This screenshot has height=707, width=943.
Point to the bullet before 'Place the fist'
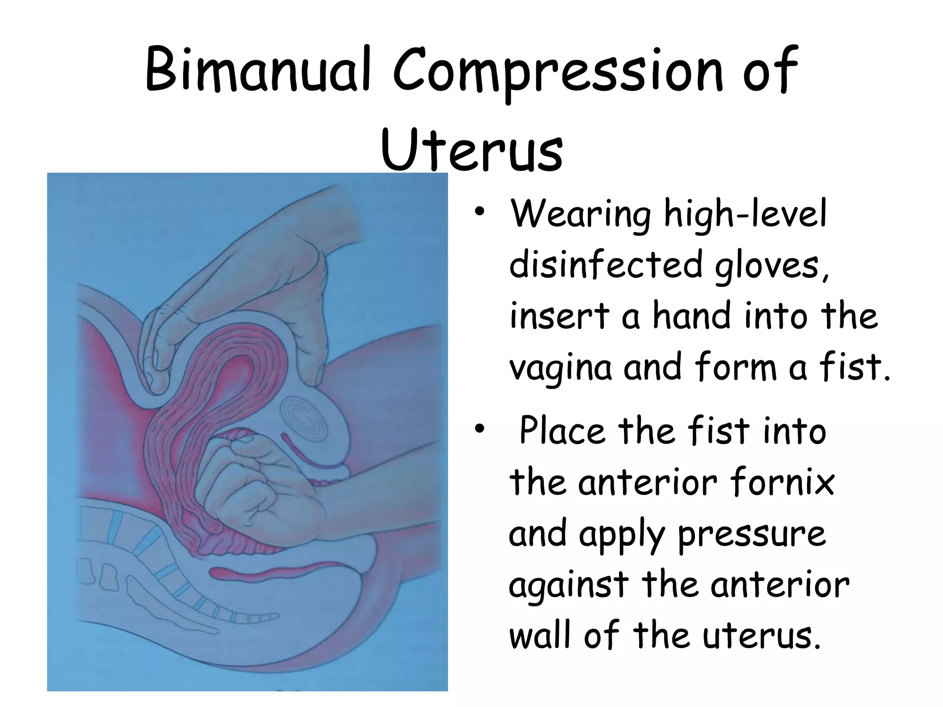pyautogui.click(x=480, y=429)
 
